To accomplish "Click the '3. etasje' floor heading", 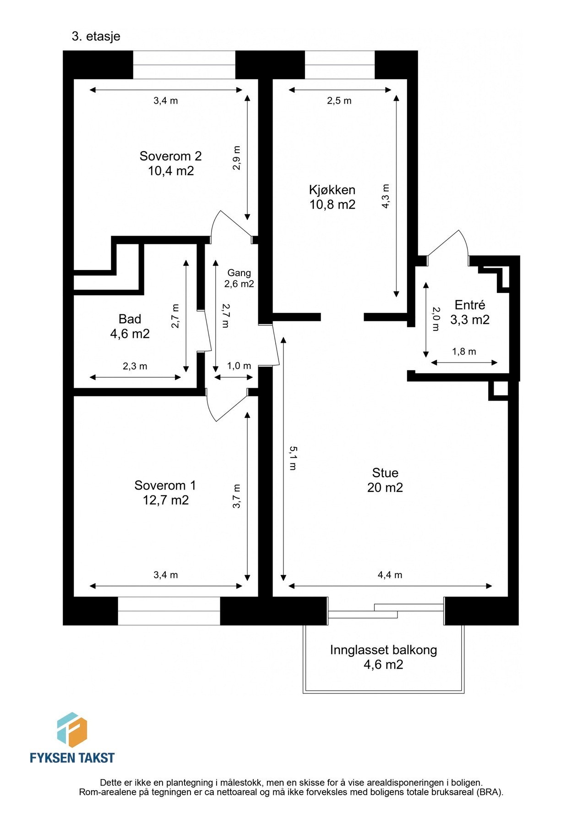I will coord(96,36).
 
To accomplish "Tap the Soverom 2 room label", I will coord(170,163).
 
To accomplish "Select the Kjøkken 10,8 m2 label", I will coord(332,197).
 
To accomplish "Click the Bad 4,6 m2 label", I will coord(130,326).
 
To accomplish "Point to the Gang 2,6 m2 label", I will coord(239,278).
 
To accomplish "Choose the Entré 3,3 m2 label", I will coord(469,312).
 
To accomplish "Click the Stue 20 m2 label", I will coord(385,480).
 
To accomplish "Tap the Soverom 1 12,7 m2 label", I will coord(165,492).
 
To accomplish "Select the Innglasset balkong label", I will coord(383,657).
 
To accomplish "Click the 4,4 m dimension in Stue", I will coord(390,575).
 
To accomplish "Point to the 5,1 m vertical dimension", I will coord(292,458).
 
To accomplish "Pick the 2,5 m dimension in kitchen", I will coord(339,101).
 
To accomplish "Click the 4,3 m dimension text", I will coord(386,197).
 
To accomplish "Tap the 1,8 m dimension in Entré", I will coord(464,352).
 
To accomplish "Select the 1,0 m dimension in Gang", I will coord(239,366).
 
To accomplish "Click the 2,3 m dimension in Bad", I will coord(135,366).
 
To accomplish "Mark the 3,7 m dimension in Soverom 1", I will coord(237,496).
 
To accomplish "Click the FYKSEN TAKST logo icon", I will coord(72,730).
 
